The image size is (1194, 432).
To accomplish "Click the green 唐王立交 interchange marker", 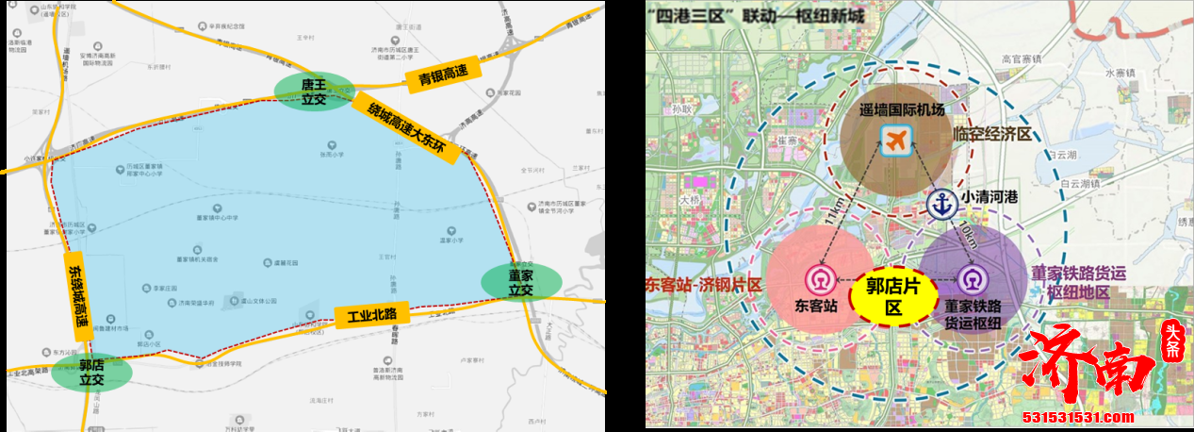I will tap(313, 91).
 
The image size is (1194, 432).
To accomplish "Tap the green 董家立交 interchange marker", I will tap(520, 282).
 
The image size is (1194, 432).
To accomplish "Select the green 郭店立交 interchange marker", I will tap(91, 372).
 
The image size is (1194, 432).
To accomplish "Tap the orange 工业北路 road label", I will tap(371, 315).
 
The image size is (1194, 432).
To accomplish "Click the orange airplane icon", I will tap(895, 141).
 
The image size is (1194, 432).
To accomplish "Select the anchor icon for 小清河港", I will tap(941, 204).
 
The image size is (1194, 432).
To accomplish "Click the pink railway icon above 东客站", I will tap(817, 279).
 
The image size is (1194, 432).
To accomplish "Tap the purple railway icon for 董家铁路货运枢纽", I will tap(972, 279).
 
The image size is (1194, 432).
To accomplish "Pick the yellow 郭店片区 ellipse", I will tap(893, 292).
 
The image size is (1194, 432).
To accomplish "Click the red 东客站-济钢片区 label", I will tap(703, 284).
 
